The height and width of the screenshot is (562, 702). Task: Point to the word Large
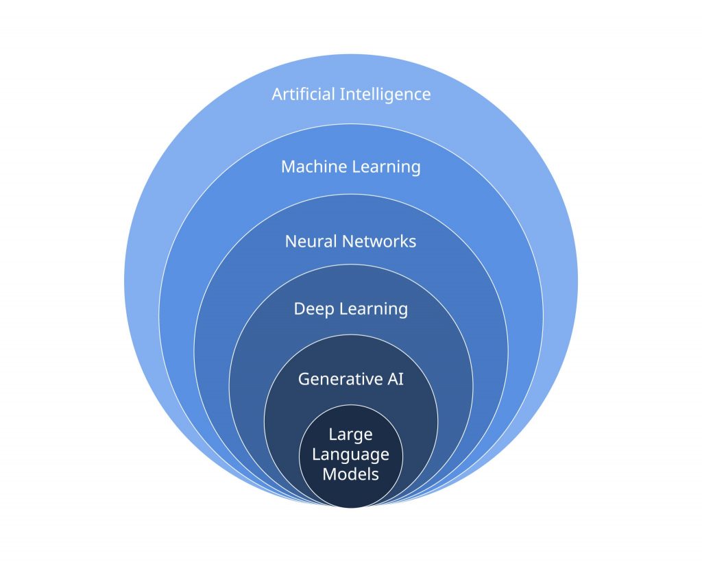[x=350, y=435]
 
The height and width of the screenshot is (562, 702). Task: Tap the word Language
[x=350, y=454]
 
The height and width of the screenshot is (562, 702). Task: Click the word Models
[x=350, y=473]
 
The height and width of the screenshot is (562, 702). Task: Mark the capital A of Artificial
[x=278, y=94]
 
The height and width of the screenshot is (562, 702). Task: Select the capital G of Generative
[x=304, y=378]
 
